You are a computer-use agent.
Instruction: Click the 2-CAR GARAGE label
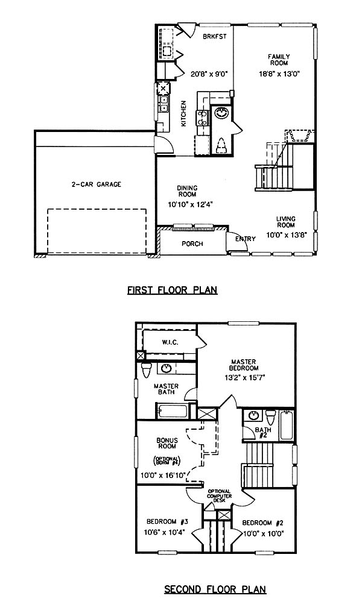coord(97,184)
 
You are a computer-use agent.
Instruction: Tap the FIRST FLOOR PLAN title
coord(172,291)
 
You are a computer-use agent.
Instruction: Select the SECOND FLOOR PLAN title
coord(215,589)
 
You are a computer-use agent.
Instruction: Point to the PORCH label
coord(192,244)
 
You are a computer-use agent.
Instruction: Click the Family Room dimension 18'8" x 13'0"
coord(279,73)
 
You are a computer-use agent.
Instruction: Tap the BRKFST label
coord(215,37)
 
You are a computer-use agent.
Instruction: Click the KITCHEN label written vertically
coord(183,114)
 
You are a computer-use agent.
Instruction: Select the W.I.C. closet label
coord(170,342)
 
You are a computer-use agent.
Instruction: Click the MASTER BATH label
coord(167,389)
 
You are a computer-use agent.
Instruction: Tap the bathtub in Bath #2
coord(287,425)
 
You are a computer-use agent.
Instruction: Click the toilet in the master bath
coord(146,370)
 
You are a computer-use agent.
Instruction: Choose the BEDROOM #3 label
coord(168,522)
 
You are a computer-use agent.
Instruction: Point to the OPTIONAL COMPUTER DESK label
coord(220,496)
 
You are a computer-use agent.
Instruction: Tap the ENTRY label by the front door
coord(246,239)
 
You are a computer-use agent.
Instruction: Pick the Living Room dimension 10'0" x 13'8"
coord(285,235)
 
